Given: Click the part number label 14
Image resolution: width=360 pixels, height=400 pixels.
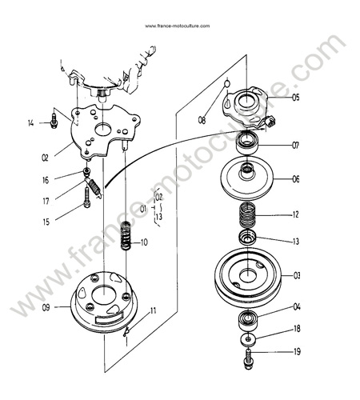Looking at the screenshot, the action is [31, 123].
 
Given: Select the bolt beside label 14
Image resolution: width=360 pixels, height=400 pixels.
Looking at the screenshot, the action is [54, 121].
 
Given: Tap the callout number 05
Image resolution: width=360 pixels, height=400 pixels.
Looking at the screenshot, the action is [295, 98].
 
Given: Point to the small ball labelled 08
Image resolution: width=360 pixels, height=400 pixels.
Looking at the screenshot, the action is [226, 83].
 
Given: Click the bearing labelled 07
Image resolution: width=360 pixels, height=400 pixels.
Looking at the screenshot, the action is [247, 144].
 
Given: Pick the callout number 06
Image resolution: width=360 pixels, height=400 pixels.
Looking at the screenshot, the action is [296, 179].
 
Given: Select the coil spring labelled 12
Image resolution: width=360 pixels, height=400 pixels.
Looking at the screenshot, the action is [248, 214].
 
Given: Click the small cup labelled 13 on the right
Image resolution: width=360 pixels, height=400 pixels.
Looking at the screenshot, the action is [247, 237].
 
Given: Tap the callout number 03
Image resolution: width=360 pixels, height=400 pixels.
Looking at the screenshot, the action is [297, 275].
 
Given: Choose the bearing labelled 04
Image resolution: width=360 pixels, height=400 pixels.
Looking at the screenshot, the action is [248, 320].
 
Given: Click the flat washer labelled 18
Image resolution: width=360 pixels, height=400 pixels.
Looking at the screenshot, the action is [249, 339].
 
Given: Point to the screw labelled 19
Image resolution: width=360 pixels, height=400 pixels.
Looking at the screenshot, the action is [248, 359].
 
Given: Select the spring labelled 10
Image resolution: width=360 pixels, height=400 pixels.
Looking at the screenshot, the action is [126, 235].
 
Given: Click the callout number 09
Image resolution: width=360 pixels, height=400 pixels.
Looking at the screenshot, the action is [46, 307].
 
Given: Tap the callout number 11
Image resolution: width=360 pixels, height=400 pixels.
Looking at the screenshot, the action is [153, 310].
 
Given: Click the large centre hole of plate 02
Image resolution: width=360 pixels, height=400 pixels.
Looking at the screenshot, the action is [103, 129].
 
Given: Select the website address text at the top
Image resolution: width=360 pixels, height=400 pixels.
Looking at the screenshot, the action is [178, 26].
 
